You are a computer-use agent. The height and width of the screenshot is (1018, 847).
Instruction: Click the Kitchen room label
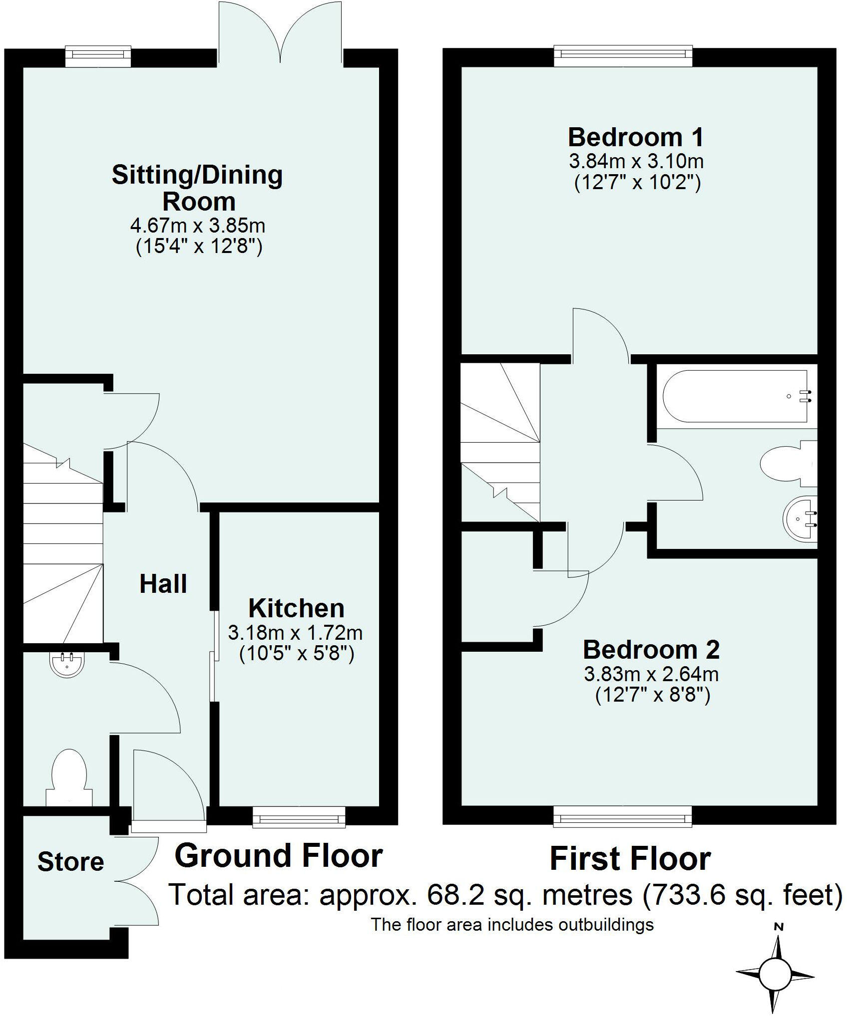pyautogui.click(x=296, y=609)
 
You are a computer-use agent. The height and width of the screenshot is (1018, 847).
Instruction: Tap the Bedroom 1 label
pyautogui.click(x=636, y=137)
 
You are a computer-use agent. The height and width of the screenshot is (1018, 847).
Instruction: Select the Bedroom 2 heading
pyautogui.click(x=651, y=650)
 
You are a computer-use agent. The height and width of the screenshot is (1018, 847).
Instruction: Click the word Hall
pyautogui.click(x=163, y=584)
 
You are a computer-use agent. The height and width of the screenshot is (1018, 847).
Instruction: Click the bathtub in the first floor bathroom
pyautogui.click(x=735, y=396)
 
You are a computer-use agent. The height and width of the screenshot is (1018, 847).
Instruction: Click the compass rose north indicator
pyautogui.click(x=778, y=927)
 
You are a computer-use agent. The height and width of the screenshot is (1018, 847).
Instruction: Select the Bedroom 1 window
pyautogui.click(x=623, y=56)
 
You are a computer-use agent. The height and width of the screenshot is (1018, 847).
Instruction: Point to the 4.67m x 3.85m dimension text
pyautogui.click(x=197, y=226)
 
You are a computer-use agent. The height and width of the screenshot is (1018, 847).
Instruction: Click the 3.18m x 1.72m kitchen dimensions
pyautogui.click(x=295, y=633)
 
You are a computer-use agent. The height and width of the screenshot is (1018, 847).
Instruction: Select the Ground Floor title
pyautogui.click(x=278, y=856)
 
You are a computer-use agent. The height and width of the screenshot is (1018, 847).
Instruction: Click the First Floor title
pyautogui.click(x=630, y=859)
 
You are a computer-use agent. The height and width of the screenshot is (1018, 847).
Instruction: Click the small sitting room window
pyautogui.click(x=98, y=56)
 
